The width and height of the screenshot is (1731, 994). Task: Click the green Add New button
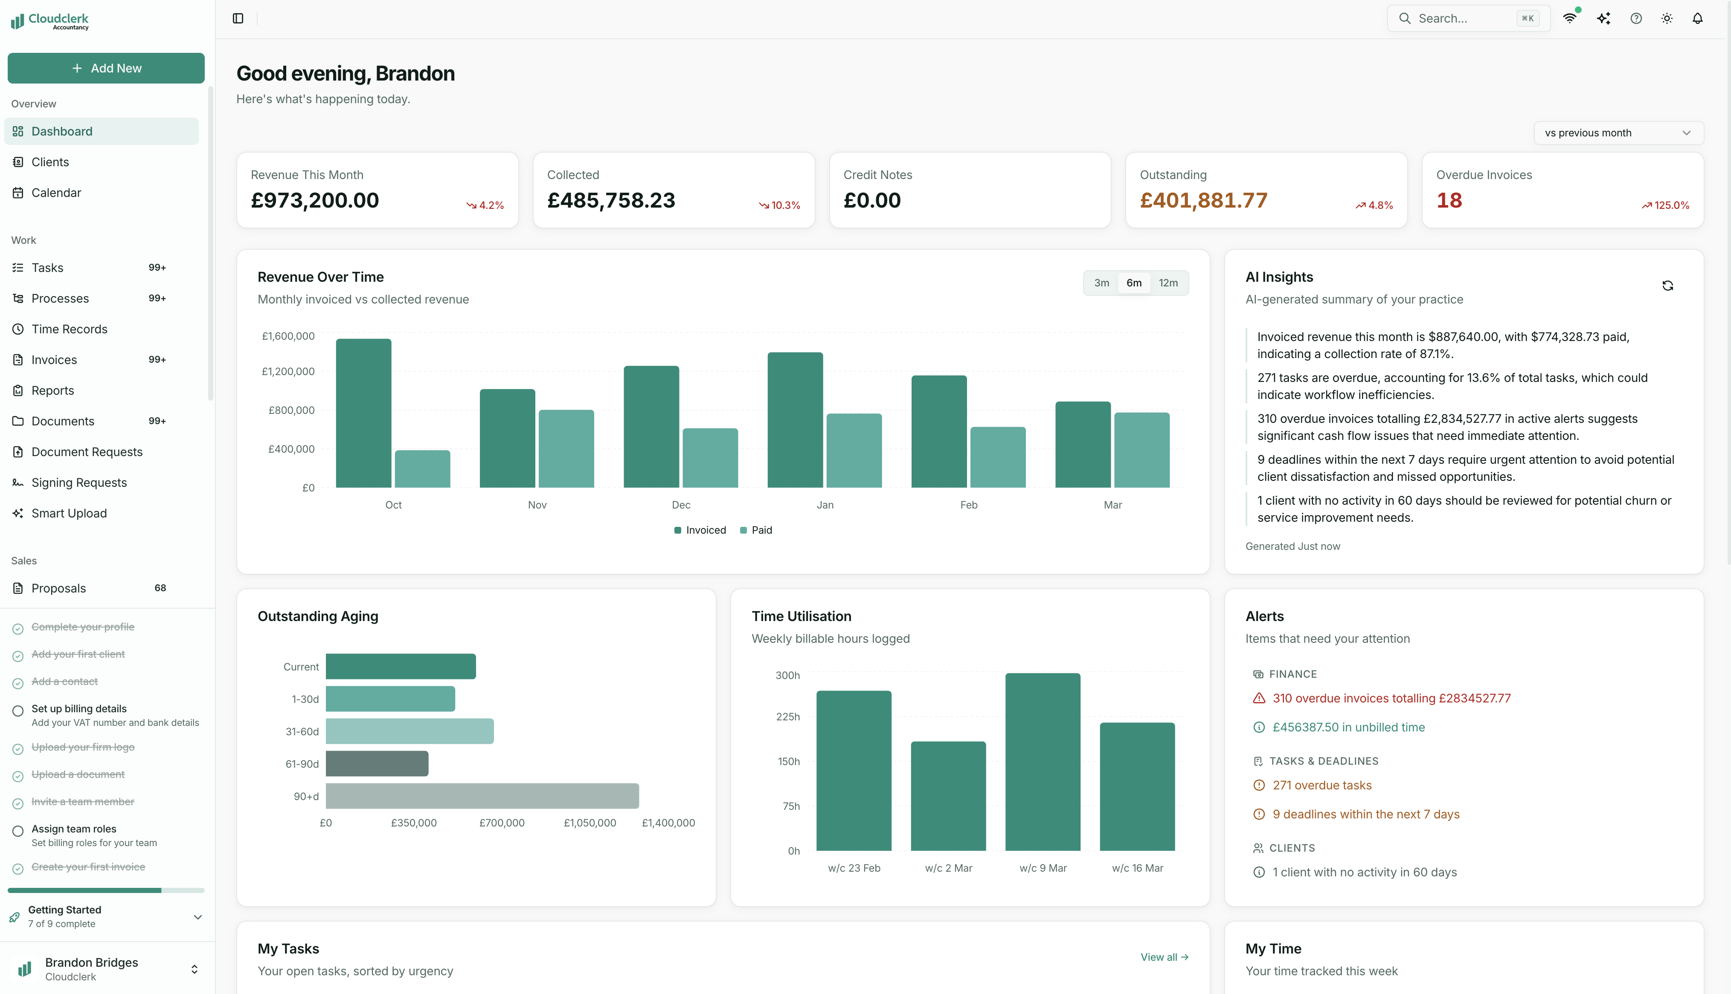coord(106,68)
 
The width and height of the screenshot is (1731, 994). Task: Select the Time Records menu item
coord(69,329)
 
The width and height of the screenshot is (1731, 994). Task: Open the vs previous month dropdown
coord(1618,133)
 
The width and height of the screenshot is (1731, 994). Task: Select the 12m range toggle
coord(1168,283)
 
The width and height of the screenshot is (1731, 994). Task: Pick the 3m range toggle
coord(1101,283)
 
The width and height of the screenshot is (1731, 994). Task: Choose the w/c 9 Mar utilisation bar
coord(1043,761)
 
